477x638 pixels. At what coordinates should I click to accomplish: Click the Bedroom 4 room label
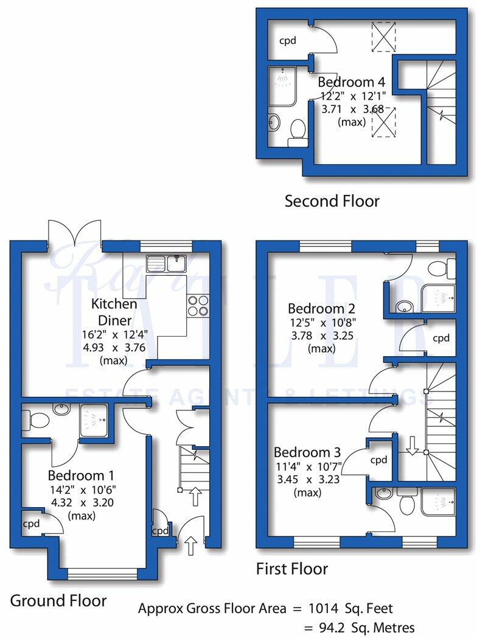click(352, 82)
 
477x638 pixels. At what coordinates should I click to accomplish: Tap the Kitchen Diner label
click(114, 310)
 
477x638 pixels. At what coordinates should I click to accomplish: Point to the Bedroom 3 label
click(307, 452)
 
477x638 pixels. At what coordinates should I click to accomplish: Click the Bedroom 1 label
click(82, 475)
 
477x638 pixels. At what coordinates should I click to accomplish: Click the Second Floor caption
click(332, 201)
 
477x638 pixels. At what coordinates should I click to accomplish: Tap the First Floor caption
click(292, 569)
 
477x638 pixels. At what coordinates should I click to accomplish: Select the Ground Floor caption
click(58, 601)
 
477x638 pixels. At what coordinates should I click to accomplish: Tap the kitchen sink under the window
click(166, 263)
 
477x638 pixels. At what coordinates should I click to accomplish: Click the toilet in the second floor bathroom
click(298, 131)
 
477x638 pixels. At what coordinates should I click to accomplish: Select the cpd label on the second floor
click(287, 41)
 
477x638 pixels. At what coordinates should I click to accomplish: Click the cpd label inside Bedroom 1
click(32, 523)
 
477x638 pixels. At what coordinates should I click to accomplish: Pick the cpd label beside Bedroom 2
click(441, 338)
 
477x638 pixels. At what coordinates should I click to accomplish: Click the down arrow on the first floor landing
click(412, 446)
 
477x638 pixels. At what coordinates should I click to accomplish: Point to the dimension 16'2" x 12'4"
click(114, 335)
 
